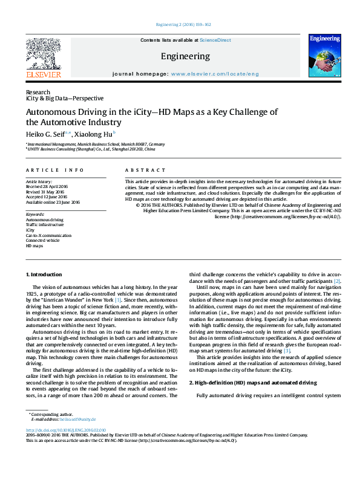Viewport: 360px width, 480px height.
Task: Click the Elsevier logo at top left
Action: [44, 58]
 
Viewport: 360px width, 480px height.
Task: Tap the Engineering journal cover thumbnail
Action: [324, 56]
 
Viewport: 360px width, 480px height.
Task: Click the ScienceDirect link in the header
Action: [215, 40]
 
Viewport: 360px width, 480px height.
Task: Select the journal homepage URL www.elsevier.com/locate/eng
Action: [215, 74]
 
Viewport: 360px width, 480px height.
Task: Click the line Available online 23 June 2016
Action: [53, 203]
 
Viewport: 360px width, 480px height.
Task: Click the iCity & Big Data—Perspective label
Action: [65, 98]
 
